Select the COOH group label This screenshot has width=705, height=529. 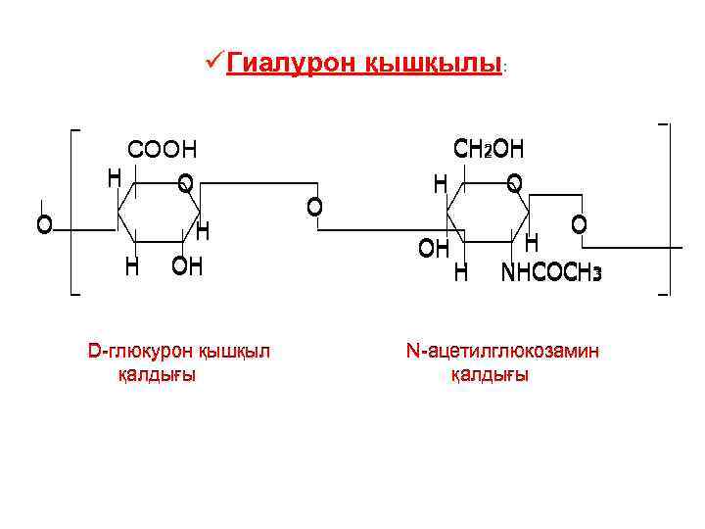163,150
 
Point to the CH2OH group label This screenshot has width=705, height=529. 490,149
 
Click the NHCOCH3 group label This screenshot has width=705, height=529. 551,272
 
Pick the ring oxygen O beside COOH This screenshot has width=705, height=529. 185,182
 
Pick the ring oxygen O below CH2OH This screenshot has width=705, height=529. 515,182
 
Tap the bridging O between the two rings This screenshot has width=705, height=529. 314,206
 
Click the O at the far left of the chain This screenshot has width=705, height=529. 44,225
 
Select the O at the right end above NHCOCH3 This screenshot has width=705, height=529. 580,224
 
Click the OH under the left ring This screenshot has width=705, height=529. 187,266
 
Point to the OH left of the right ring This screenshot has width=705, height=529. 434,249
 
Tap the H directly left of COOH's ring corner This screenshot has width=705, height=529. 115,177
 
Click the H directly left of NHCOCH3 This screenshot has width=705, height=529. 460,272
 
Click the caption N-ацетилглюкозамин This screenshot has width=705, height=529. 502,350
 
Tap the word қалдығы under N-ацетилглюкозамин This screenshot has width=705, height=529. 490,374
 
